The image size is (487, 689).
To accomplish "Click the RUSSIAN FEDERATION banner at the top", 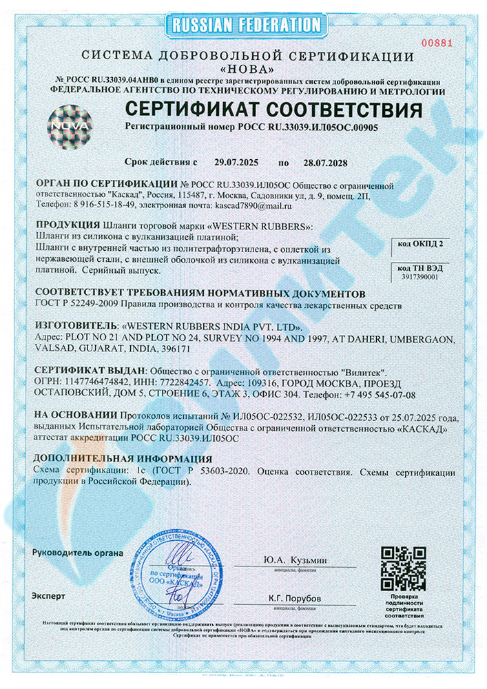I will coord(243,25).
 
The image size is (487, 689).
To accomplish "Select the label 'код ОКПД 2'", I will coord(422,243).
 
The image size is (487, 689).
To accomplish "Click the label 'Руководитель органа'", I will coord(78,553).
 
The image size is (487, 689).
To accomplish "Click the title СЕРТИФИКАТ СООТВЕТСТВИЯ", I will coord(273,110).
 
